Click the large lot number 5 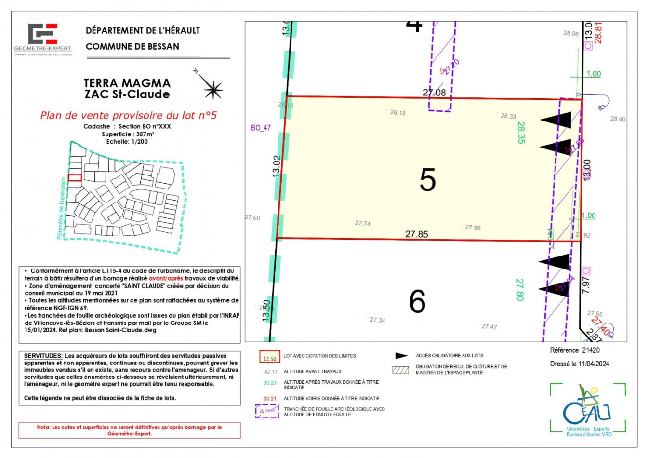(427, 180)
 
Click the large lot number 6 (417, 301)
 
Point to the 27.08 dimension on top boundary (434, 92)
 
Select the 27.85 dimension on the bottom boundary (416, 234)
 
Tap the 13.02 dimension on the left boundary (276, 166)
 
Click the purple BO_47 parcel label (261, 128)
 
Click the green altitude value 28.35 (521, 133)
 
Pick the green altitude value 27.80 (519, 289)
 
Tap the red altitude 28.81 (598, 33)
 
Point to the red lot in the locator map (75, 178)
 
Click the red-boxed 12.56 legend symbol (269, 357)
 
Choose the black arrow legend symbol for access (401, 356)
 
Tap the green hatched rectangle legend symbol (400, 370)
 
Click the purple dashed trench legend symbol (267, 411)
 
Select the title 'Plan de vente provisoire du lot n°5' (128, 115)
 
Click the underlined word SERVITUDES (43, 356)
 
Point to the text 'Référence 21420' (575, 350)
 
